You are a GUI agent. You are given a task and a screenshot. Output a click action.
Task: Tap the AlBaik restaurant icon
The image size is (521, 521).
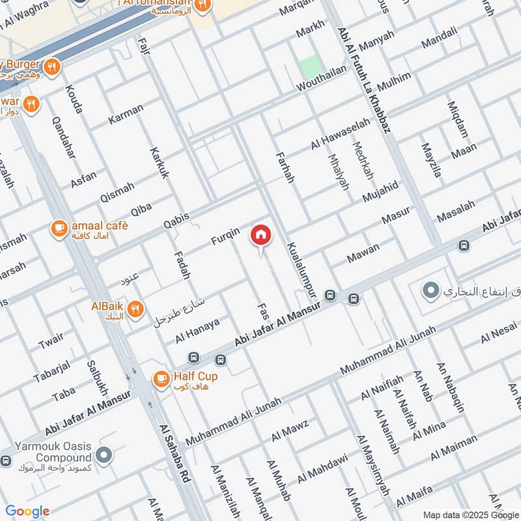(x=135, y=309)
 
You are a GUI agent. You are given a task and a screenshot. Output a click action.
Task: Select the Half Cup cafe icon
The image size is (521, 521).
(x=161, y=378)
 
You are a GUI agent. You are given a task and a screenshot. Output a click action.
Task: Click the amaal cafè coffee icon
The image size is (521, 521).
(x=59, y=228)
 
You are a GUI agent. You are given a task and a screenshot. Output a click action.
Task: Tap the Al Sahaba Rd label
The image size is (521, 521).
(x=175, y=453)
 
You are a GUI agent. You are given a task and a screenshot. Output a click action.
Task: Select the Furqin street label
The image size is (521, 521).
(x=225, y=236)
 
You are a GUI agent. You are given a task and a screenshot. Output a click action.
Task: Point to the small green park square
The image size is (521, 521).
(x=311, y=68)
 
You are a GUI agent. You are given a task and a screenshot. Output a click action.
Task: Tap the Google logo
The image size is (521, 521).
(x=27, y=511)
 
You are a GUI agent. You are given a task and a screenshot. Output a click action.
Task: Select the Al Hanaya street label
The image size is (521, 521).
(x=197, y=331)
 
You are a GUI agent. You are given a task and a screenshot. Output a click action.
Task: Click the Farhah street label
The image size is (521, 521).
(x=285, y=167)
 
